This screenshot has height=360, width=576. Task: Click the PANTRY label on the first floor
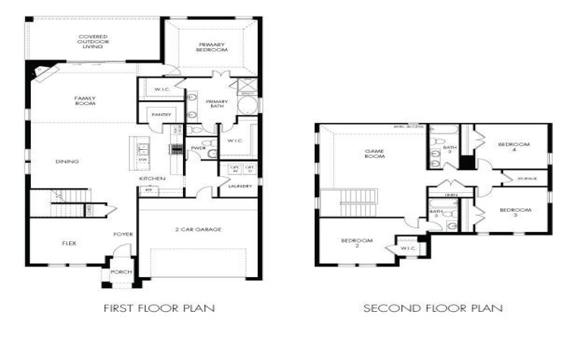(x=159, y=114)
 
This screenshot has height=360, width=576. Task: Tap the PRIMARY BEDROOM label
(x=212, y=48)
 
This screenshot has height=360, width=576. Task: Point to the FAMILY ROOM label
(x=85, y=100)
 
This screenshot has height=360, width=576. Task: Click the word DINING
(x=67, y=161)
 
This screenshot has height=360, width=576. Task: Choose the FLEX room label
(x=69, y=243)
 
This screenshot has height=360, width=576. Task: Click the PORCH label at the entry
(x=117, y=272)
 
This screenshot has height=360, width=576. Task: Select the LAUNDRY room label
(x=240, y=186)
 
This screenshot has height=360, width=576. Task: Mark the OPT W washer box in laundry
(x=233, y=169)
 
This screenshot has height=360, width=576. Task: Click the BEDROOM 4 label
(x=513, y=147)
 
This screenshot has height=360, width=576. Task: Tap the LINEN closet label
(x=451, y=194)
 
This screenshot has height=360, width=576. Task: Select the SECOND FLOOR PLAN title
(x=433, y=308)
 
